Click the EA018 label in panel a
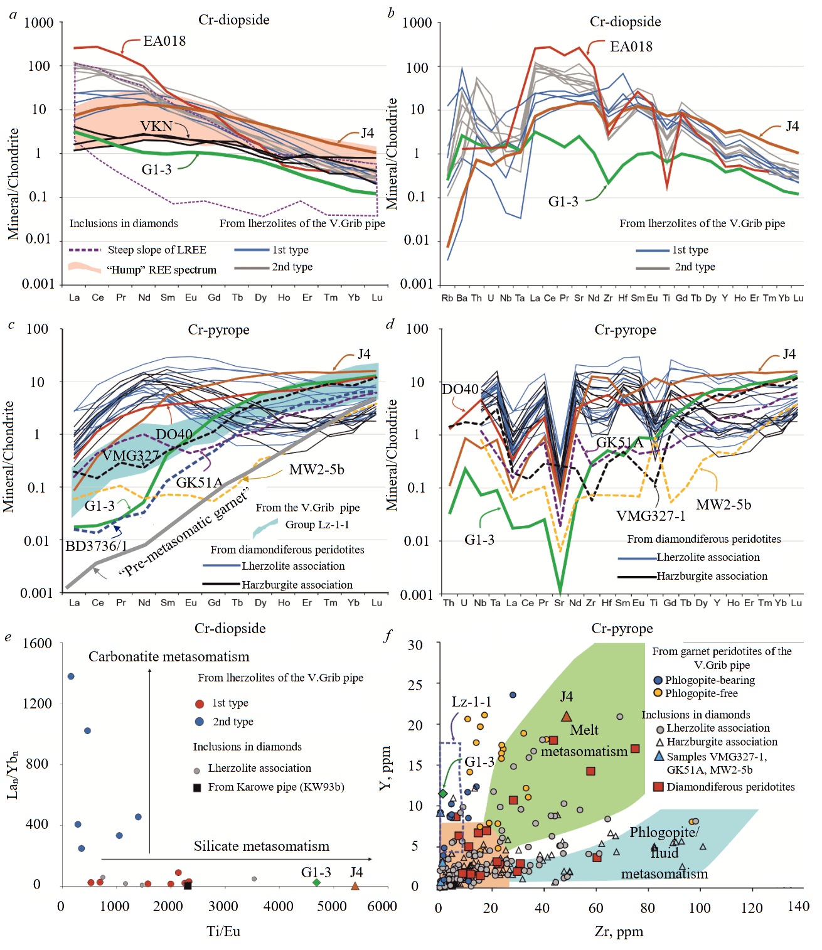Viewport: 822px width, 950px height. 164,41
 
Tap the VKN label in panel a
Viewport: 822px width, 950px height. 156,127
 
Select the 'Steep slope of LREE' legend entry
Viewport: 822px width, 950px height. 156,250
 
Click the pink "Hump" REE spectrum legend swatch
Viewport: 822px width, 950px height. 84,268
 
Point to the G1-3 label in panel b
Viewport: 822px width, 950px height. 563,202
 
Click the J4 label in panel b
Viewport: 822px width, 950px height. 792,127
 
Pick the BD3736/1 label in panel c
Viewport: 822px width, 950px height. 96,546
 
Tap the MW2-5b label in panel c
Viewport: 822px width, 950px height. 316,470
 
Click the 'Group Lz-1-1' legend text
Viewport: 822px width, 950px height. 317,525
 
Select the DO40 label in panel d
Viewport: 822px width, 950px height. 460,390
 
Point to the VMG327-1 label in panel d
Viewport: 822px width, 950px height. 651,516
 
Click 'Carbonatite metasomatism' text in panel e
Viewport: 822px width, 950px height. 169,657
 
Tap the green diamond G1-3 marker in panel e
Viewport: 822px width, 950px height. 317,882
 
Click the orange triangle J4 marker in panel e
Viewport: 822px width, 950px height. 355,886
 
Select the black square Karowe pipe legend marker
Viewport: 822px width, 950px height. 197,787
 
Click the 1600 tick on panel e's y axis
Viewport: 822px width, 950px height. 37,643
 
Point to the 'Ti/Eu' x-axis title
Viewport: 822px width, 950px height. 223,932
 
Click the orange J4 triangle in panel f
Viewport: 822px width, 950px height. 567,717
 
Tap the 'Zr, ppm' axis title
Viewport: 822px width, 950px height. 619,932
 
